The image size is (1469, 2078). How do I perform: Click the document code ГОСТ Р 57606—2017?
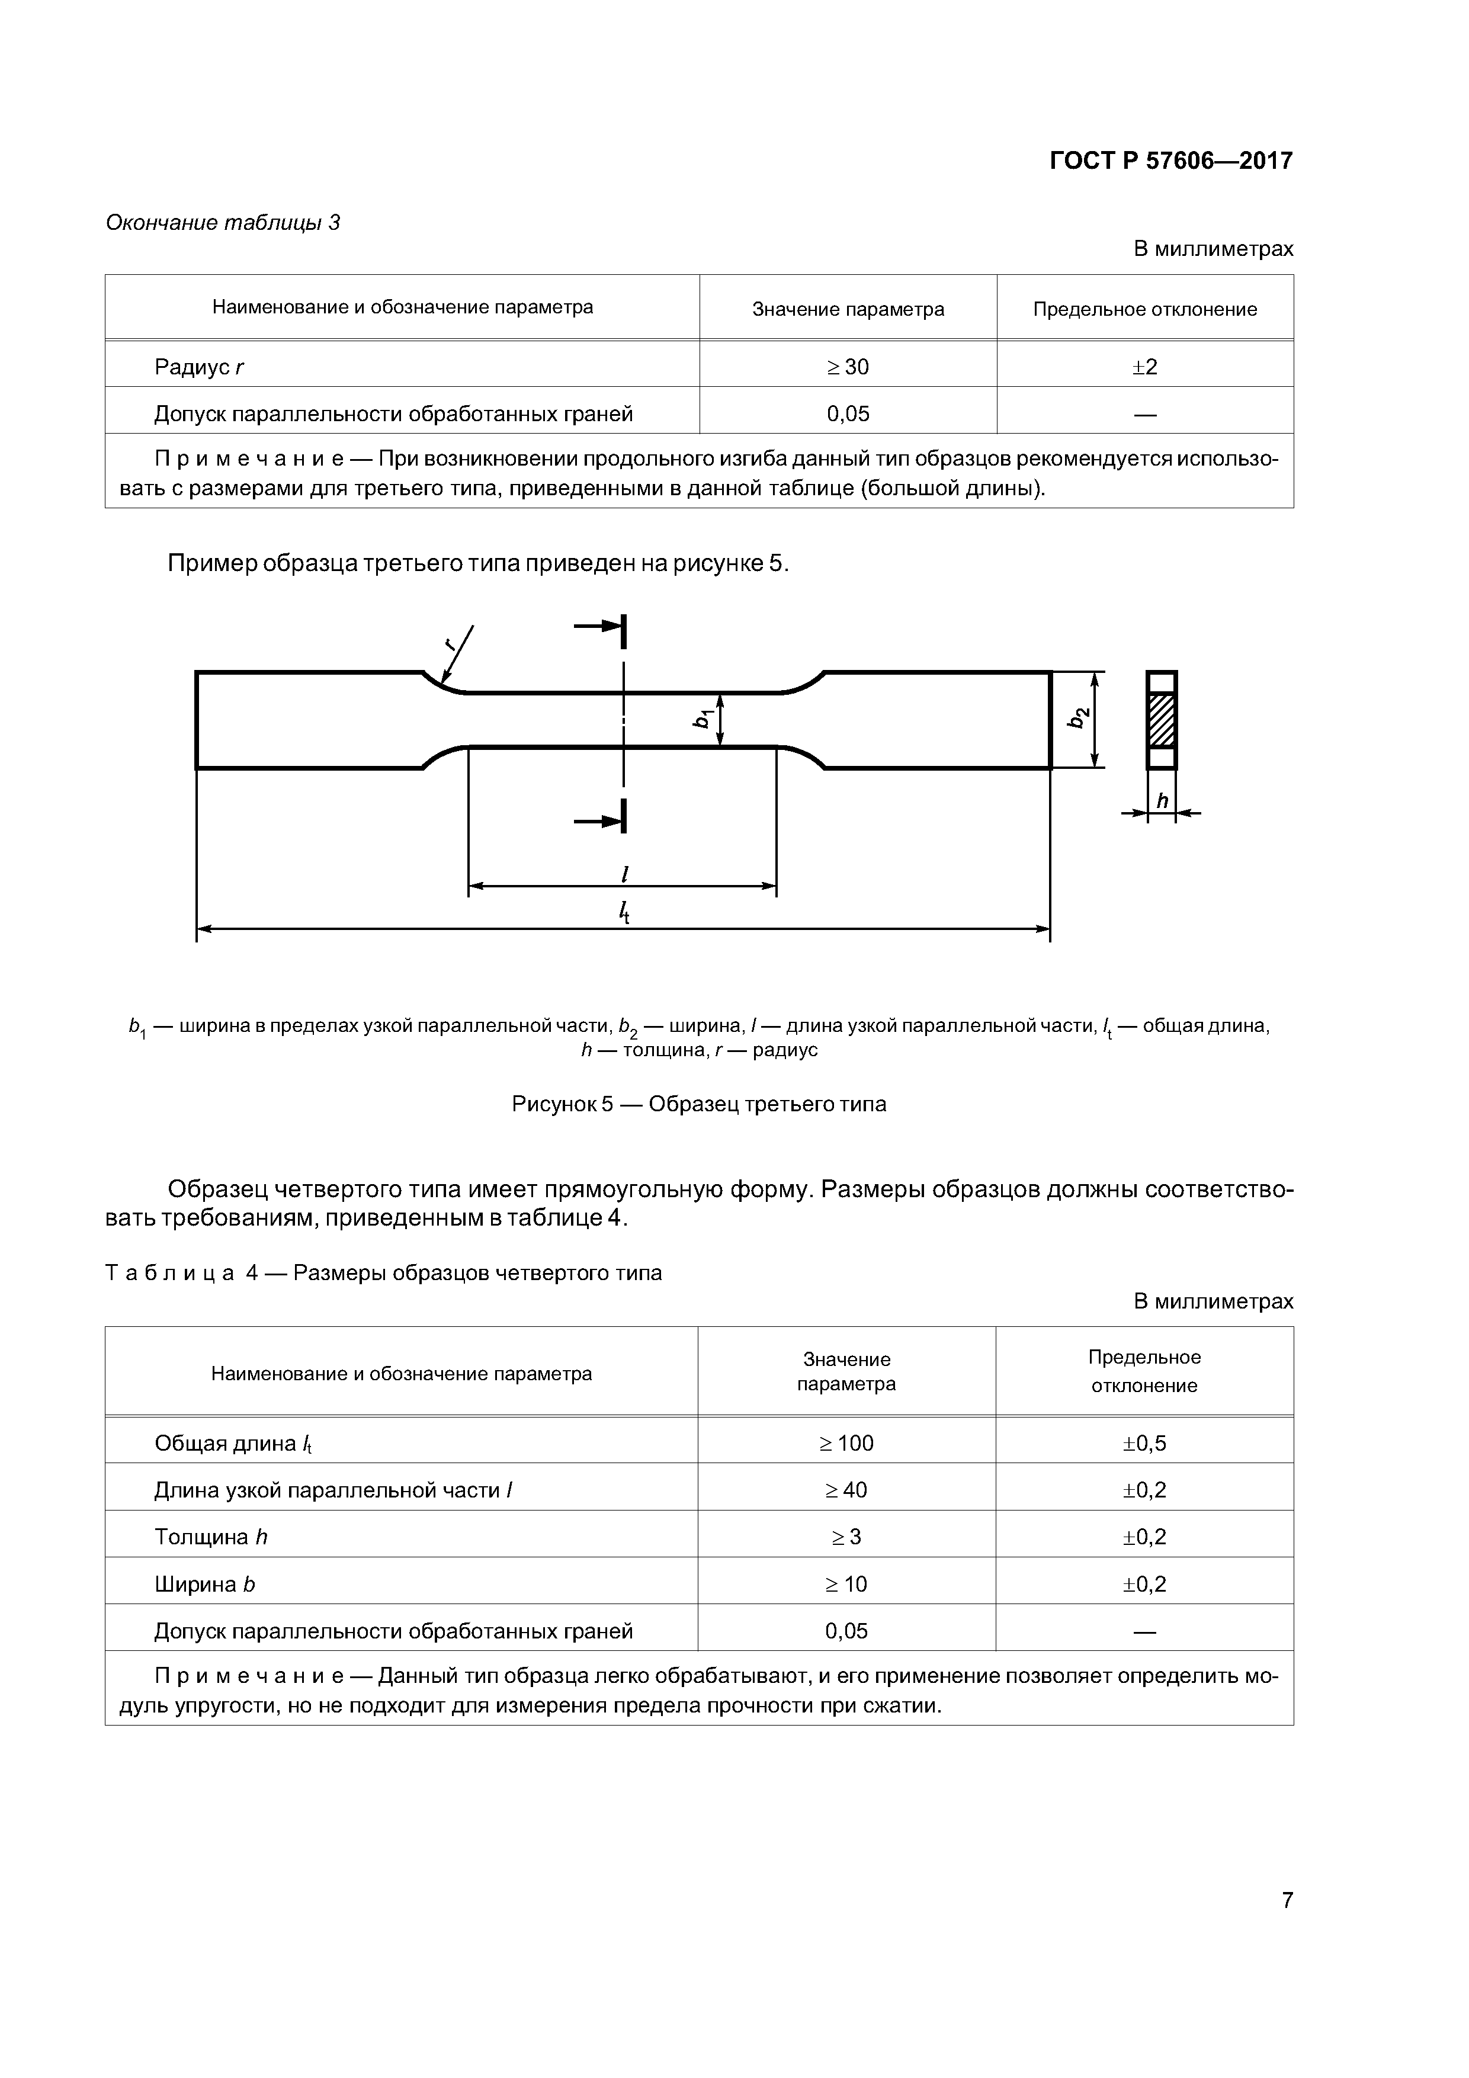click(x=1170, y=161)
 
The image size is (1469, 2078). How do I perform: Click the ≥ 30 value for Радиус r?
click(x=847, y=367)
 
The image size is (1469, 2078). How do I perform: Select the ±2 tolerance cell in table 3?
click(x=1145, y=367)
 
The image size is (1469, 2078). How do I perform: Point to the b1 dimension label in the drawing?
click(x=701, y=719)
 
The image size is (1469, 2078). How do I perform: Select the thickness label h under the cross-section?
click(x=1162, y=801)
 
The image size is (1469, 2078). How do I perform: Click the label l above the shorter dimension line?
click(x=624, y=873)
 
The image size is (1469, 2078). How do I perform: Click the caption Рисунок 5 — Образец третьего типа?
click(x=699, y=1104)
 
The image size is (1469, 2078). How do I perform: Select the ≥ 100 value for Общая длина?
click(x=846, y=1442)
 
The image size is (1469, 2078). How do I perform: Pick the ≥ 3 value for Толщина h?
click(x=846, y=1537)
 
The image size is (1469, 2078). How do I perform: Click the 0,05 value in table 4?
click(x=846, y=1631)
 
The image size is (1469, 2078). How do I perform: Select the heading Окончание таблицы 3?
click(x=223, y=223)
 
